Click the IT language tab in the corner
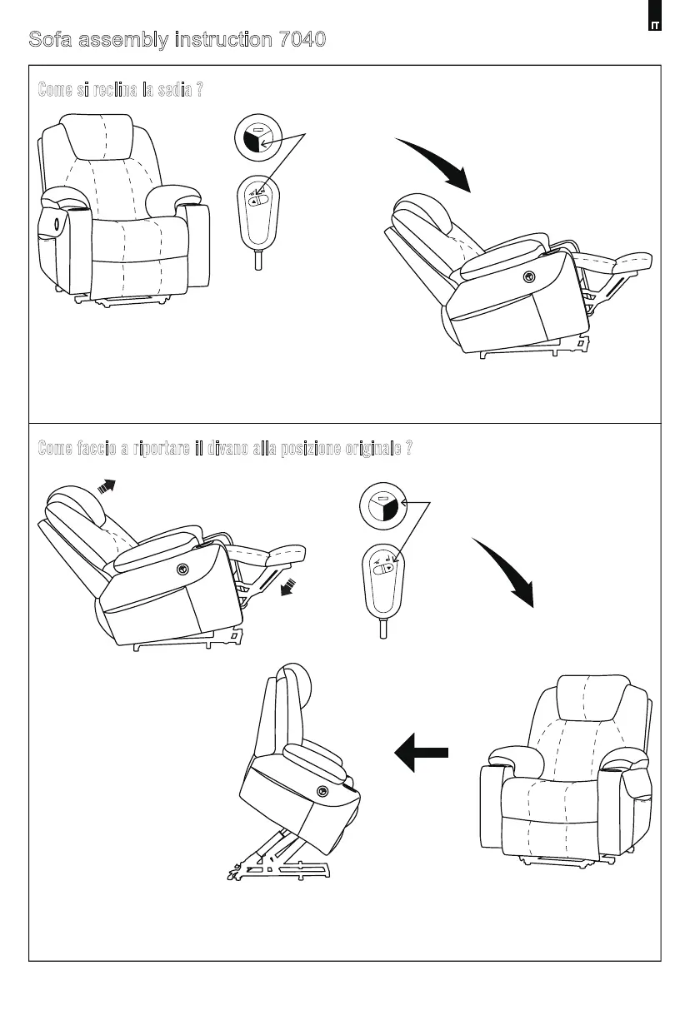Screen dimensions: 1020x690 [655, 25]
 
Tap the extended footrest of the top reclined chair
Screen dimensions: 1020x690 [621, 263]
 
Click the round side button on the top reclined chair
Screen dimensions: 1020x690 [528, 276]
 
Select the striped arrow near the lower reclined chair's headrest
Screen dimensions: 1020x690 [106, 486]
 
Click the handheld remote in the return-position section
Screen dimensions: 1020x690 [383, 580]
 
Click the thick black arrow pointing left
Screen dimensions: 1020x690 [422, 752]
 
